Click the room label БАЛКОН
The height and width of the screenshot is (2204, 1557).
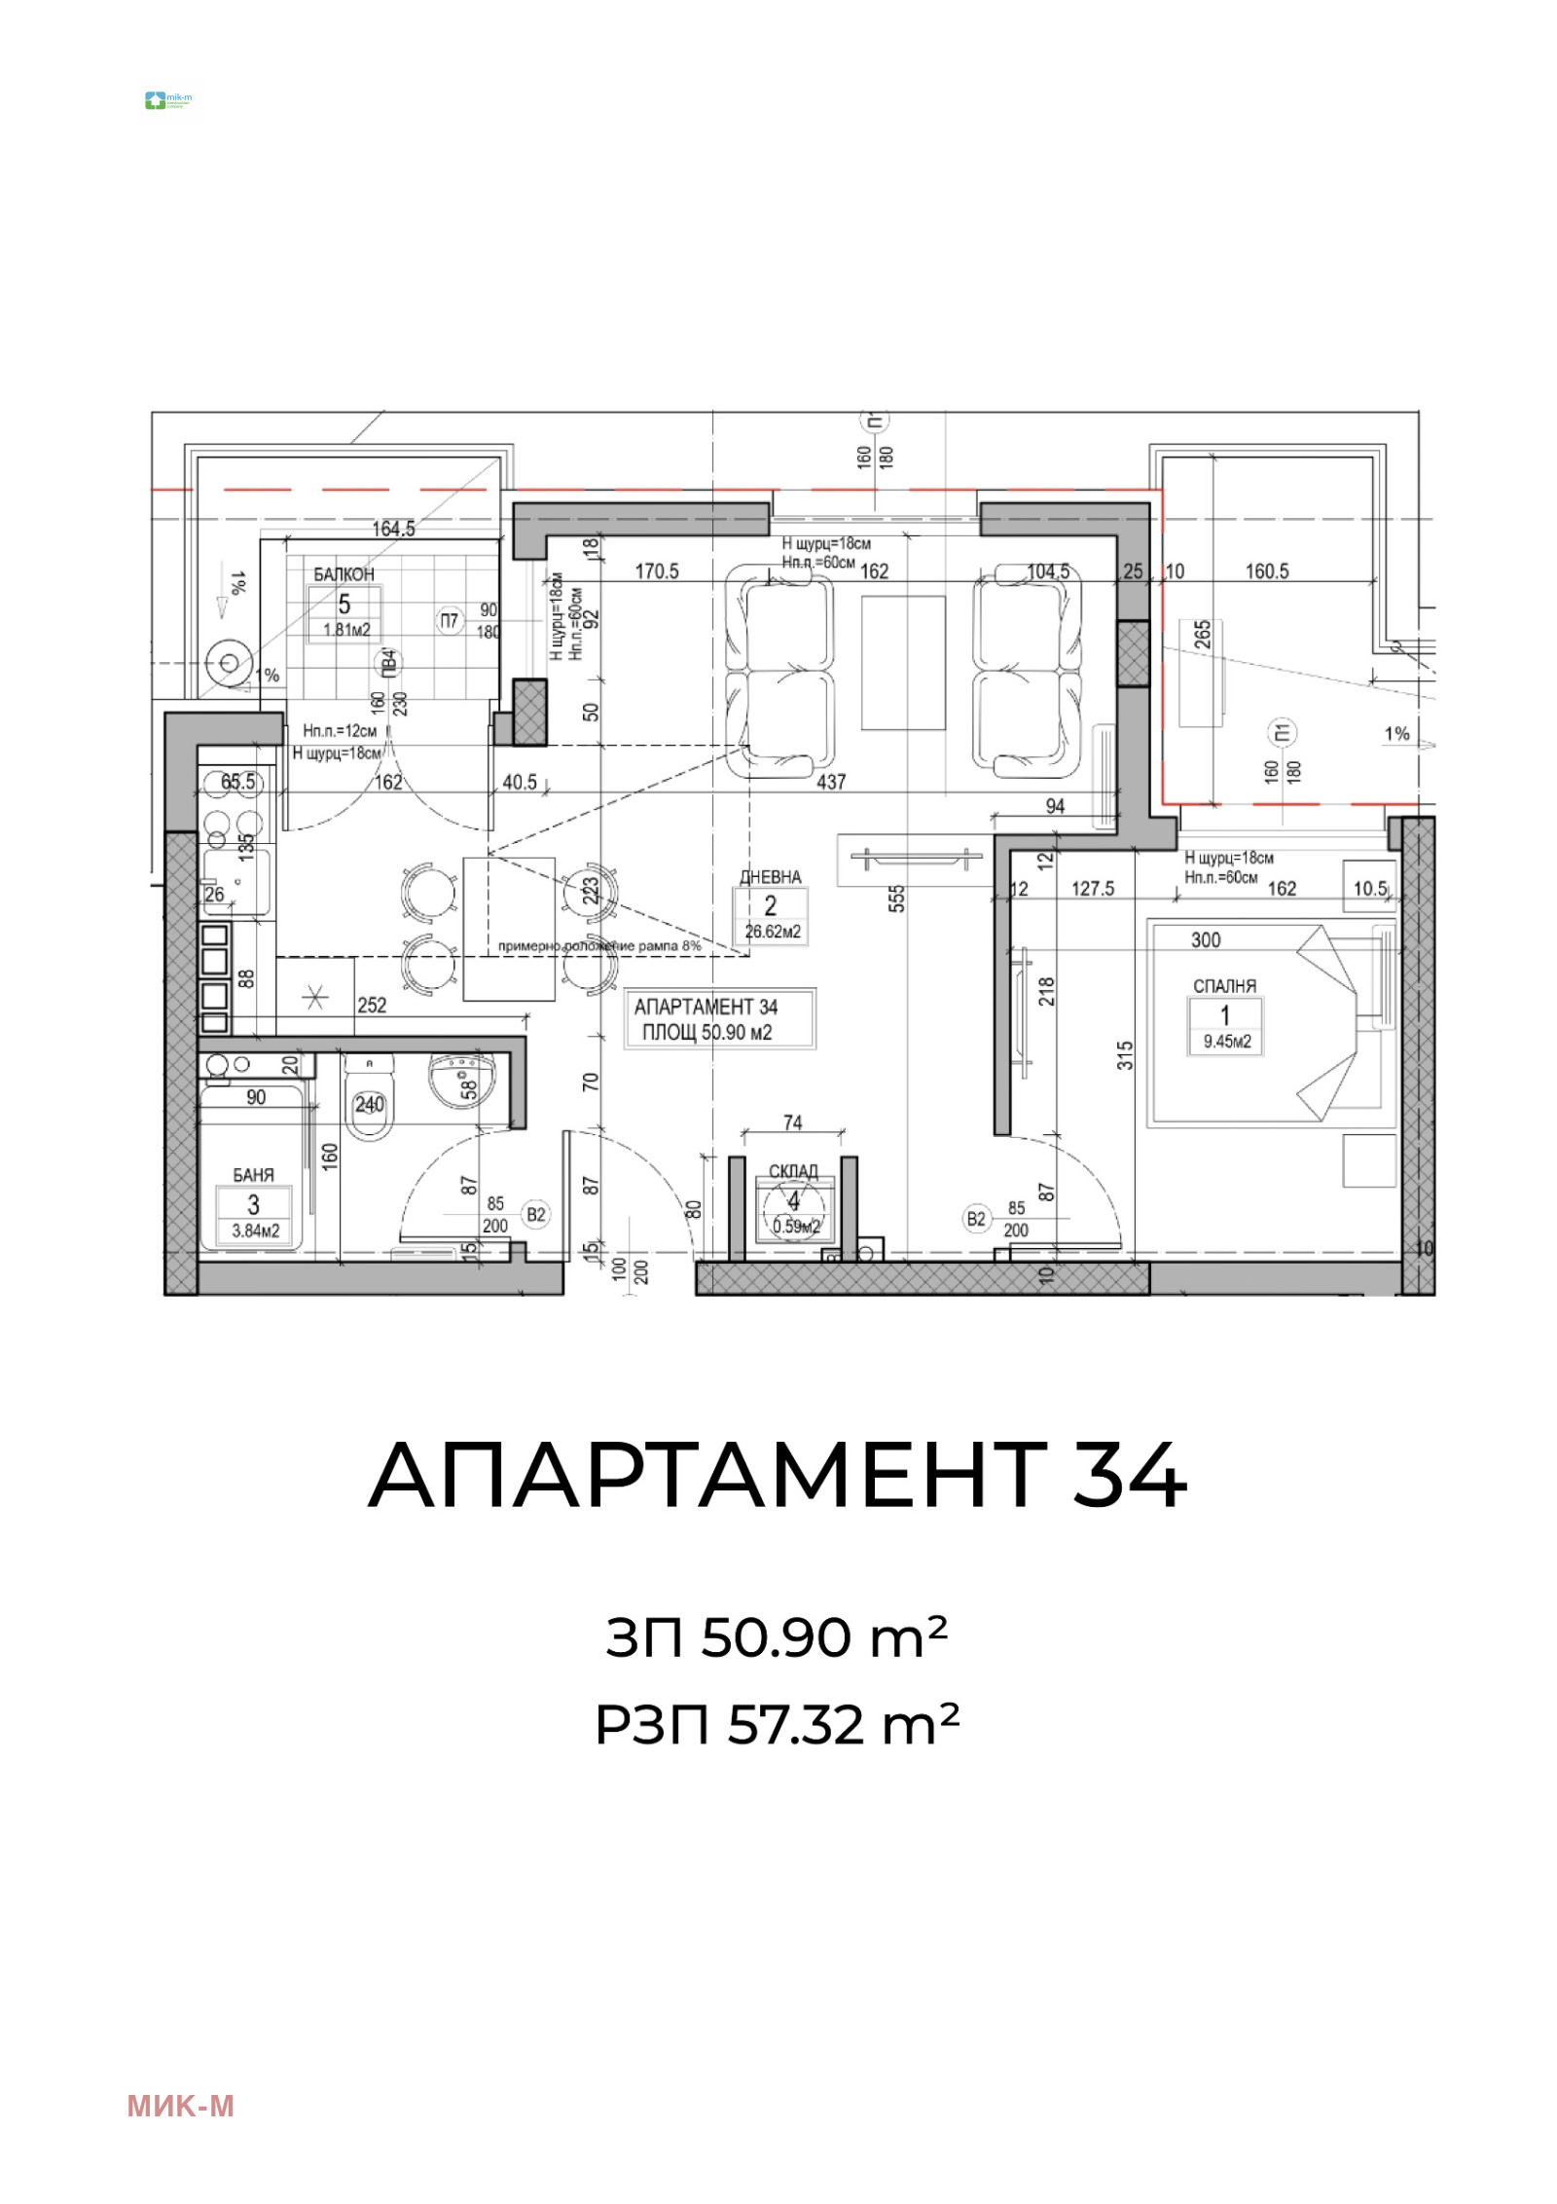[344, 574]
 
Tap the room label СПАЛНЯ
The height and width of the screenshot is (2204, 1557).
[1224, 986]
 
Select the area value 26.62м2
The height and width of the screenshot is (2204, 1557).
[772, 932]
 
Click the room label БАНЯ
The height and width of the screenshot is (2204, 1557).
[253, 1175]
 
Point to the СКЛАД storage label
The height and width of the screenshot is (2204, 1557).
[793, 1170]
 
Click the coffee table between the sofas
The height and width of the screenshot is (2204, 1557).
[902, 662]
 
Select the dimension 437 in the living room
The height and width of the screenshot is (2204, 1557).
[831, 782]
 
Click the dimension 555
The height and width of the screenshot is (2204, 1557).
[897, 897]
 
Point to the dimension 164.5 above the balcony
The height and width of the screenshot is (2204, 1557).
[393, 530]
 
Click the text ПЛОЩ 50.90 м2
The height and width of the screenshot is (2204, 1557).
[706, 1033]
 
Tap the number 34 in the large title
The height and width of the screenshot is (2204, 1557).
[1129, 1476]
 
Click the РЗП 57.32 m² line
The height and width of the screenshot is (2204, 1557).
[777, 1725]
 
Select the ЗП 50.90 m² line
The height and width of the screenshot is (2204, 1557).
[777, 1637]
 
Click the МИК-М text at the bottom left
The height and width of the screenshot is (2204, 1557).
[180, 2107]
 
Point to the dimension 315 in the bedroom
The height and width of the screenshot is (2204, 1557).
[1126, 1055]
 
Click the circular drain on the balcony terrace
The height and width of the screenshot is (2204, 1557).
[230, 664]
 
